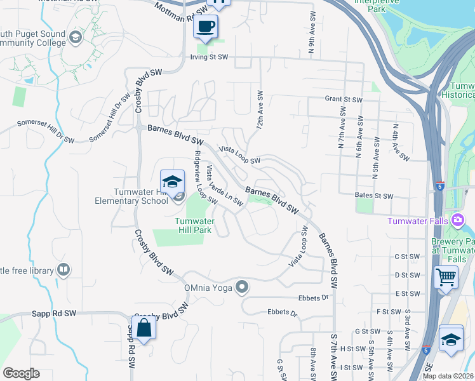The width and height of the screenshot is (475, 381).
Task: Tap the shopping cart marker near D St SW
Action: (446, 277)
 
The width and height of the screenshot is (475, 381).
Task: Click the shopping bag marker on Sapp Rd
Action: (144, 328)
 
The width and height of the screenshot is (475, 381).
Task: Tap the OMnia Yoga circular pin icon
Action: (241, 288)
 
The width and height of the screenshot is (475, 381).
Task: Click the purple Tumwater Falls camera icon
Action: (458, 220)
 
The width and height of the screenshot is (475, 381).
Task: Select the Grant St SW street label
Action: (343, 100)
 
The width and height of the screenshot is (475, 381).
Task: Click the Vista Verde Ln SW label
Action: (224, 185)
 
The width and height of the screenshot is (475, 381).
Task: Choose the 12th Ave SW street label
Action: (260, 110)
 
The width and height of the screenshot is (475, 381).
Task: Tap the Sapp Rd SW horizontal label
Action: (54, 314)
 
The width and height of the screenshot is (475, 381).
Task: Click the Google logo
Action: (21, 373)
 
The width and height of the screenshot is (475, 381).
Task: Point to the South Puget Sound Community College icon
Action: (76, 37)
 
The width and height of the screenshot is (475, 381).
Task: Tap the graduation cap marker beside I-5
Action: (451, 337)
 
